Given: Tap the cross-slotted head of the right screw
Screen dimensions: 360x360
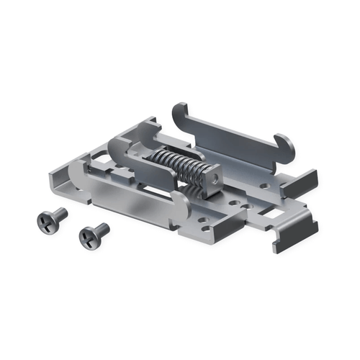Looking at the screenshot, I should [86, 235].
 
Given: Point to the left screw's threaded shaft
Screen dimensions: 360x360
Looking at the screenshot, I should [58, 214].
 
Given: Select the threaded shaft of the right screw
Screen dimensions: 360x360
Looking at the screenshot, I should [102, 229].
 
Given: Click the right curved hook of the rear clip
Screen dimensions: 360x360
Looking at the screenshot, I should [284, 146].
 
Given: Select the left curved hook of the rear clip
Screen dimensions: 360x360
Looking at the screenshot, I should [179, 114].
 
